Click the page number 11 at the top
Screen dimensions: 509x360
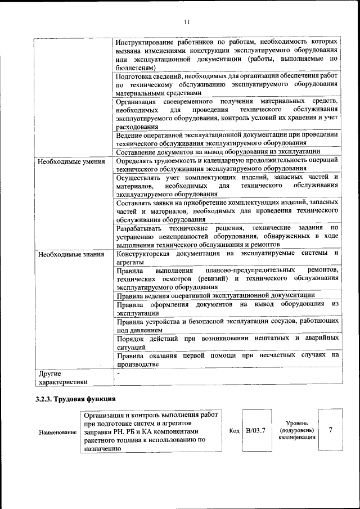(x=187, y=22)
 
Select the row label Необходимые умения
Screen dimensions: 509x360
(x=71, y=161)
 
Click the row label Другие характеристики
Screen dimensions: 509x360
(x=62, y=377)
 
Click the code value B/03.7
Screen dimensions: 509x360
(x=255, y=430)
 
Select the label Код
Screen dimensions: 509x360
(x=235, y=430)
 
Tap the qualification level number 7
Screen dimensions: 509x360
(x=331, y=430)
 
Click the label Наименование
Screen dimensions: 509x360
(x=58, y=433)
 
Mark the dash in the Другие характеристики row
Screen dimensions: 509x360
(x=118, y=373)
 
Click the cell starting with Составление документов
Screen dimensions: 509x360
(x=218, y=151)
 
